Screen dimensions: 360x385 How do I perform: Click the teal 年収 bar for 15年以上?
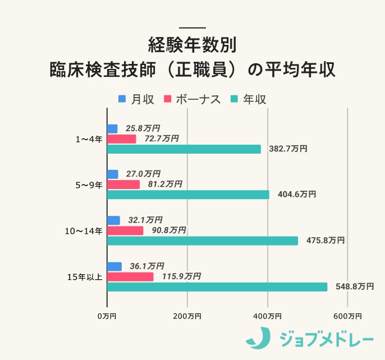pos(217,287)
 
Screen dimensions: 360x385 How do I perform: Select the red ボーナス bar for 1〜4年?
pos(121,139)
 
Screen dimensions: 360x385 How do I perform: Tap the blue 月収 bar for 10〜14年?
pos(113,220)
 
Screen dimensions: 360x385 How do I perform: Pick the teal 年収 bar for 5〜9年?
pos(188,195)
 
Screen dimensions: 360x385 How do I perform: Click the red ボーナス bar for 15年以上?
pos(130,276)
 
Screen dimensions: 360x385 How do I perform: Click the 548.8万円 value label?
pos(354,287)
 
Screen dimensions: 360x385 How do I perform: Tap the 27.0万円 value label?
pos(143,174)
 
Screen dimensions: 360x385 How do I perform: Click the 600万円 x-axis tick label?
pos(347,316)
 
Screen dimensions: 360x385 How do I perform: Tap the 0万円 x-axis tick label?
pos(107,316)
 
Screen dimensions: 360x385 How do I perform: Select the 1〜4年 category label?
pos(89,139)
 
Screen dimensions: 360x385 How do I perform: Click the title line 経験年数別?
pos(192,44)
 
